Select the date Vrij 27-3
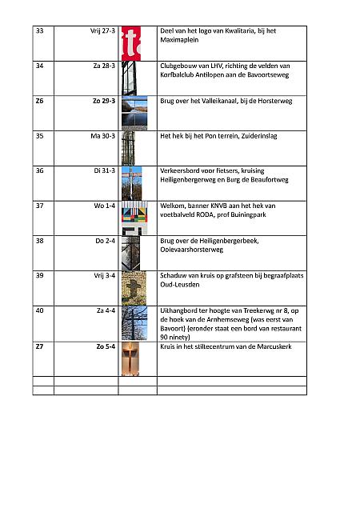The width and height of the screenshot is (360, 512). tap(102, 31)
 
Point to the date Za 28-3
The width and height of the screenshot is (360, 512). tap(104, 66)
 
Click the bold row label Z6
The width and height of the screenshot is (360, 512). tap(40, 102)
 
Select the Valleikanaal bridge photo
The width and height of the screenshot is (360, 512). tap(134, 113)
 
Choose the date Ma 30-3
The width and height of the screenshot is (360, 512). tap(103, 136)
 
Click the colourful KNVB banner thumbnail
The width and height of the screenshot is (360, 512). tap(134, 215)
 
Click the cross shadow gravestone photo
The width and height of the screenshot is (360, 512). tap(134, 286)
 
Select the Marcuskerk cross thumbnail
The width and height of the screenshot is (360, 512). tap(134, 358)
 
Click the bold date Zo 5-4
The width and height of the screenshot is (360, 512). tap(104, 346)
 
